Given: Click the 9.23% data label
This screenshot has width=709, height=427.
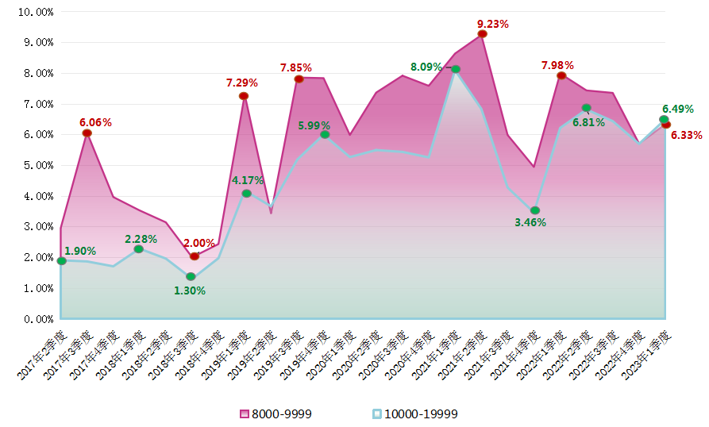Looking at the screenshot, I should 492,24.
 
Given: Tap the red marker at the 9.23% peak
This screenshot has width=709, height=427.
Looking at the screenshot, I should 482,33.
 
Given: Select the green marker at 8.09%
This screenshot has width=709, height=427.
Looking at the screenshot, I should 455,69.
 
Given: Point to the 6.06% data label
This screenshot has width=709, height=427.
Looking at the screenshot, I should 95,122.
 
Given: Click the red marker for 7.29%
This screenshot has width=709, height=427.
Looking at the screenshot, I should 244,96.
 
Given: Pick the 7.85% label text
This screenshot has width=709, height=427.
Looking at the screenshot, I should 295,67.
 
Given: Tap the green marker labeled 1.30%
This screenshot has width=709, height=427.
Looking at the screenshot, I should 191,276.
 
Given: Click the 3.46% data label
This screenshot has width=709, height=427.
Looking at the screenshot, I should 530,222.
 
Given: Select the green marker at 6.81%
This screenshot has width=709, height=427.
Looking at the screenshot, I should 586,108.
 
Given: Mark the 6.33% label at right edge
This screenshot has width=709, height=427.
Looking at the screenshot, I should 686,135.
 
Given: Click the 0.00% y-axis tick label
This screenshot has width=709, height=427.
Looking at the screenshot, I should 37,319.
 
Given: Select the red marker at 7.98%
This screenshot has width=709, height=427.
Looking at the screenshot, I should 561,75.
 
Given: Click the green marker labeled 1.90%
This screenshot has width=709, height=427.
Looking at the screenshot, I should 61,260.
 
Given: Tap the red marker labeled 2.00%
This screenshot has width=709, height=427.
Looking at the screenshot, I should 194,256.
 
